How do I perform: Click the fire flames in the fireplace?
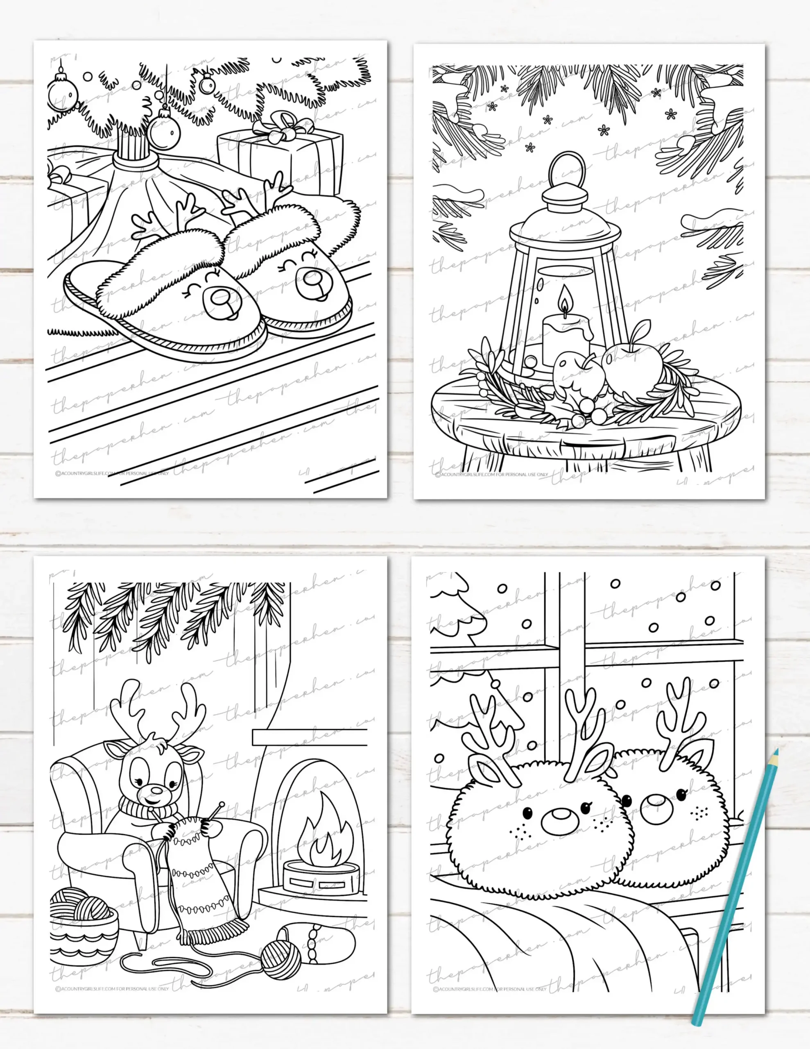click(321, 835)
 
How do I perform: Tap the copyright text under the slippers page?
click(112, 474)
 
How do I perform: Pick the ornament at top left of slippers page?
click(62, 90)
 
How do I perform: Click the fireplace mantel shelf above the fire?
click(309, 738)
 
